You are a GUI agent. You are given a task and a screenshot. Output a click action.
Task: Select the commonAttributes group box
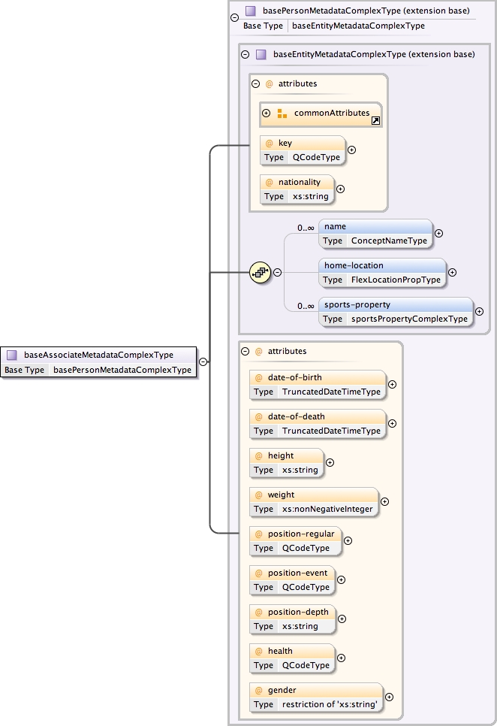click(x=321, y=113)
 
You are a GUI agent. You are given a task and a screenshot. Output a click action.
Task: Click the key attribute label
click(x=285, y=143)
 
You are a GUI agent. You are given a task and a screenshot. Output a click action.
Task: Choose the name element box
click(x=375, y=233)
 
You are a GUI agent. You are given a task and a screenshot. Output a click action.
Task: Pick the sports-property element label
click(x=357, y=305)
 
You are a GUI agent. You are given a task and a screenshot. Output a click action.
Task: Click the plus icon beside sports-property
click(x=479, y=311)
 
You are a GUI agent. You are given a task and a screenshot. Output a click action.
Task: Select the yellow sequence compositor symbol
click(x=260, y=272)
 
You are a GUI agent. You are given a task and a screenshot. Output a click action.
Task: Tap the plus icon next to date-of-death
click(x=392, y=423)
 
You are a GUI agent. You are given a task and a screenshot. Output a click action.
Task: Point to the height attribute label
click(x=281, y=455)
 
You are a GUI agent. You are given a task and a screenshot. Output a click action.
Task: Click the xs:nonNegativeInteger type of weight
click(x=327, y=509)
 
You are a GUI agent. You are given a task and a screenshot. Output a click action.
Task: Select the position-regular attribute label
click(x=300, y=534)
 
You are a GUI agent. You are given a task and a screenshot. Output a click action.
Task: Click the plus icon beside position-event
click(x=342, y=579)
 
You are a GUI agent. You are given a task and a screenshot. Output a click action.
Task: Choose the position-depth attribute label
click(x=298, y=612)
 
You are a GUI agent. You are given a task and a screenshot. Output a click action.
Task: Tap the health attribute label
click(x=280, y=651)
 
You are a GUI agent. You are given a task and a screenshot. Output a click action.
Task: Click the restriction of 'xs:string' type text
click(x=329, y=704)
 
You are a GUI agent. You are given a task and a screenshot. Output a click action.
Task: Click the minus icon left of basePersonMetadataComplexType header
click(x=234, y=17)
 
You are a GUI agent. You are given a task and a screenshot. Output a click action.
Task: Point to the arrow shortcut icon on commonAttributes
click(x=375, y=120)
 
